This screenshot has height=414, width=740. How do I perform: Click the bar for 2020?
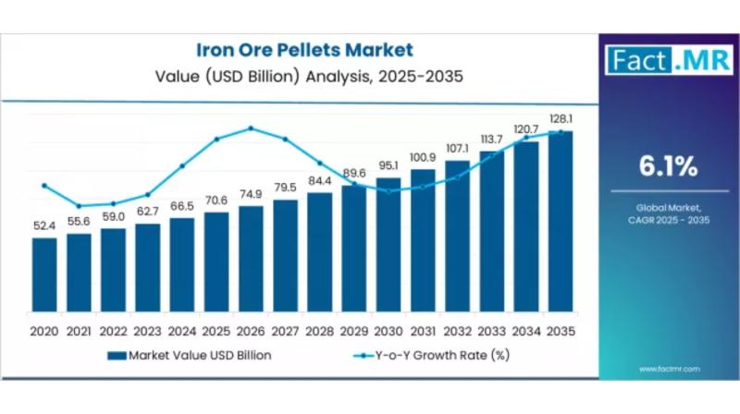(x=43, y=277)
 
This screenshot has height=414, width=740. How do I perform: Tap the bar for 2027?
(x=285, y=258)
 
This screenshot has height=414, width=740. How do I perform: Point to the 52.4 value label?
(x=43, y=226)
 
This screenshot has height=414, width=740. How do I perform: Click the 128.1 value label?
(x=560, y=119)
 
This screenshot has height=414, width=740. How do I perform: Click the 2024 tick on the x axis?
(x=181, y=331)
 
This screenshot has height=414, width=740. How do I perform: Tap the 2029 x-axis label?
(x=353, y=331)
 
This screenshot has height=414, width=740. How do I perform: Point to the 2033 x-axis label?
(x=491, y=331)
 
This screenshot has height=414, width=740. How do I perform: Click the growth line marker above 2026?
(x=251, y=128)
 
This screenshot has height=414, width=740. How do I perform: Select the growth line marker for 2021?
(x=79, y=206)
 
